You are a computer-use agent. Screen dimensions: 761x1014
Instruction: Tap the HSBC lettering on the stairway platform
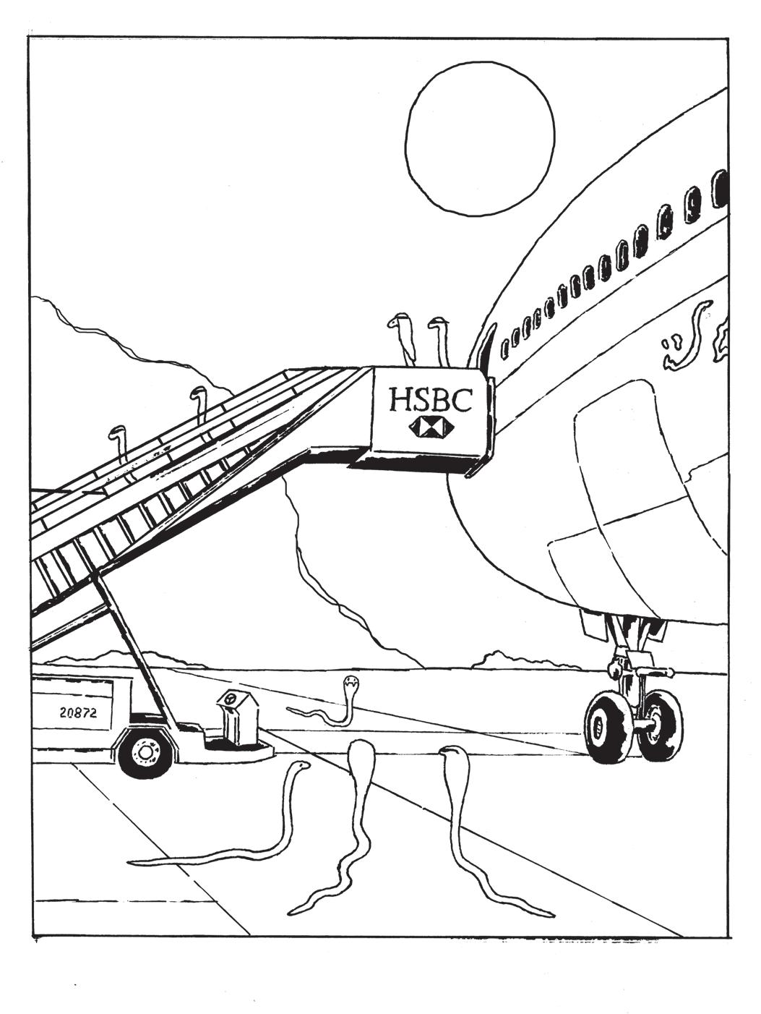[x=430, y=399]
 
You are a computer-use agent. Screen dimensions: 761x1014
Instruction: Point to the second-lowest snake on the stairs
[x=198, y=396]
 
